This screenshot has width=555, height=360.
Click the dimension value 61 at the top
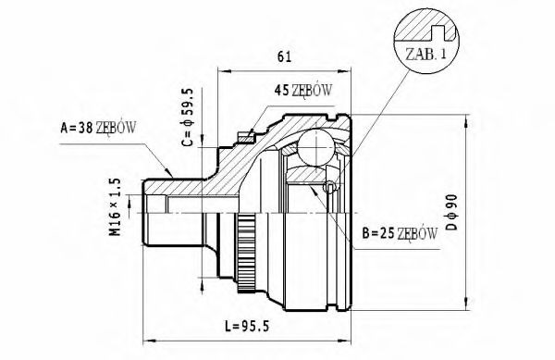coord(284,57)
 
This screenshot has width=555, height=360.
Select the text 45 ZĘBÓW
coord(303,91)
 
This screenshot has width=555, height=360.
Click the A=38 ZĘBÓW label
coord(97,128)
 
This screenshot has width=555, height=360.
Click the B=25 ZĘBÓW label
coord(399,233)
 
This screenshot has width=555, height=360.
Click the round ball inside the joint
coord(315,148)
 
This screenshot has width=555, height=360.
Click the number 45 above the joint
coord(281,91)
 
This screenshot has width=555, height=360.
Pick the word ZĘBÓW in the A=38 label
coord(115,128)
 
